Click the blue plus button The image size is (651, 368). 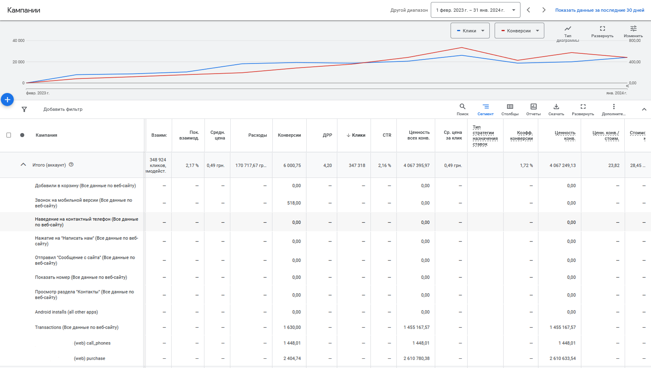coord(7,99)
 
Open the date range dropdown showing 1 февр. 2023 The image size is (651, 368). coord(475,10)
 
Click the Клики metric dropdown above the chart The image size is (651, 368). coord(470,31)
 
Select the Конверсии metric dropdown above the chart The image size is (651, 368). coord(519,31)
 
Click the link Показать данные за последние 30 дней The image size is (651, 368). coord(600,10)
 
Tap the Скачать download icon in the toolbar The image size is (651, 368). coord(556,107)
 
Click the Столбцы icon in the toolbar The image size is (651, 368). coord(510,107)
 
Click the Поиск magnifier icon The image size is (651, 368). coord(462,107)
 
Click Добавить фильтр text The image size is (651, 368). coord(63,109)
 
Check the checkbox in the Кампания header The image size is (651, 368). coord(9,135)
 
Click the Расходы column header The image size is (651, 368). coord(257,135)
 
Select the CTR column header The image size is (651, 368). coord(387,135)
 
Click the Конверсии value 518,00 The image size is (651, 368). coord(294,203)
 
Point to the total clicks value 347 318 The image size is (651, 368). coord(357,165)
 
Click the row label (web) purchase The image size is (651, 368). coord(89,358)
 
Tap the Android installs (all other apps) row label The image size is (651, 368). coord(66,312)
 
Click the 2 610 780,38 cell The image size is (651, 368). coord(416,358)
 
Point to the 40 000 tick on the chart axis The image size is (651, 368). coord(19,40)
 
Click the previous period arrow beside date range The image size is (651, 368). coord(528,10)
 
